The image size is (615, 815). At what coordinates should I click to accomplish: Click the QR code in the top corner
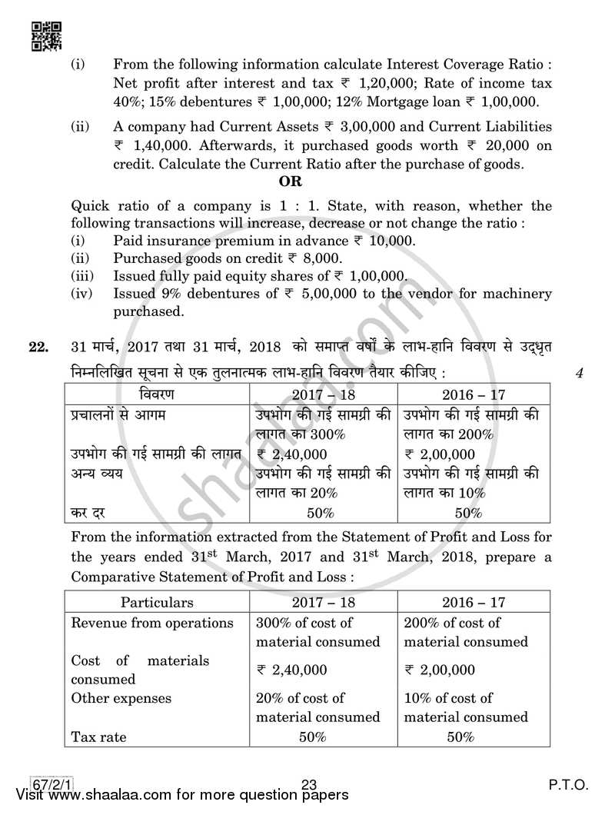point(46,35)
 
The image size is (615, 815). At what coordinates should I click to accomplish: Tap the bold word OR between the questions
point(291,181)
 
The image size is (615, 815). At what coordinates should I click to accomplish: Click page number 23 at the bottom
point(310,784)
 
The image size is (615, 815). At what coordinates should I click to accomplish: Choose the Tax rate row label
point(98,736)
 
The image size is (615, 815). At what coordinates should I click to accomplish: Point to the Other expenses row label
point(121,698)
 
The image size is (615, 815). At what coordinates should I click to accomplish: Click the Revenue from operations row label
point(151,623)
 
